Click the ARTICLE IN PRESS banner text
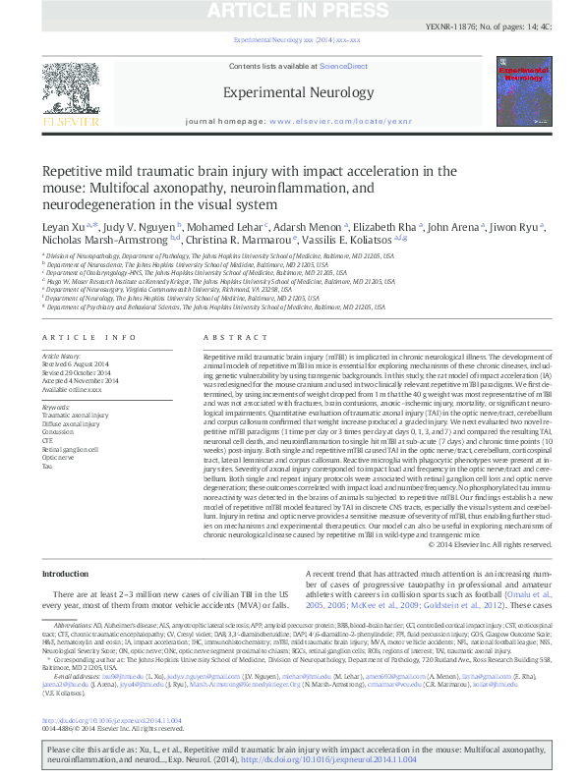pos(291,11)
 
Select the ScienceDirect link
pos(343,66)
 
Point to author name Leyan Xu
pos(61,225)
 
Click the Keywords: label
pos(56,407)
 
